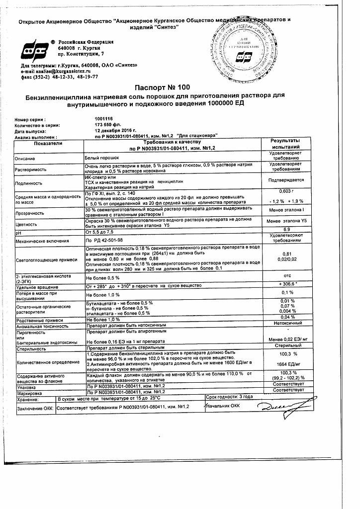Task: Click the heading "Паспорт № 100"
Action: tap(180, 87)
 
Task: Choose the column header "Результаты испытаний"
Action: tap(285, 145)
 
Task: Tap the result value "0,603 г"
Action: tap(285, 191)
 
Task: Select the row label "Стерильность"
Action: tap(31, 349)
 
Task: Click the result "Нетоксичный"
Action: tap(285, 322)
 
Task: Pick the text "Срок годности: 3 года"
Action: tap(229, 397)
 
